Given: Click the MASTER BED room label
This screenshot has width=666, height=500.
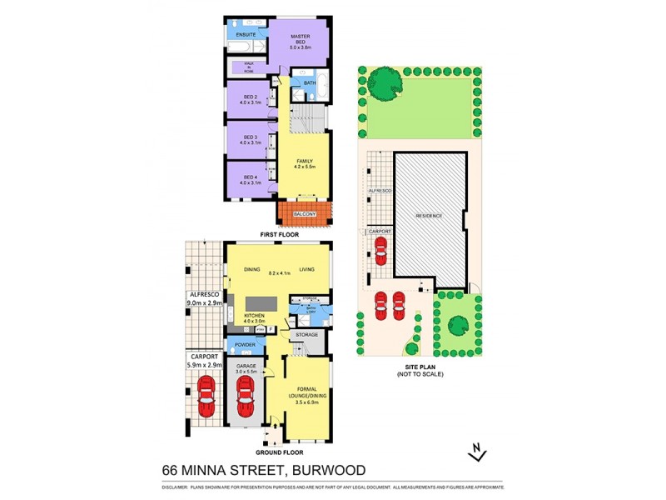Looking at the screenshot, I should (300, 37).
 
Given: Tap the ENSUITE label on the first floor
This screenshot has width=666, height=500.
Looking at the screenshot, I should (246, 35).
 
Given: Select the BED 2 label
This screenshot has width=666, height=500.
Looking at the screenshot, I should (251, 97).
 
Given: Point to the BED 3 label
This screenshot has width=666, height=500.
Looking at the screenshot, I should (251, 137).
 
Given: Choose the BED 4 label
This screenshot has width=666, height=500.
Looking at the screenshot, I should (251, 177).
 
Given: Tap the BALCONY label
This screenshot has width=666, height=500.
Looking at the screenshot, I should (305, 215).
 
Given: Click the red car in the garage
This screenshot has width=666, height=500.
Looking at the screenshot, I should (246, 397).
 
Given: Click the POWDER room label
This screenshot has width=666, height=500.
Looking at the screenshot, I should (245, 343).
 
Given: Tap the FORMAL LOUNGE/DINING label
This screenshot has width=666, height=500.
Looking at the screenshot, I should (308, 396).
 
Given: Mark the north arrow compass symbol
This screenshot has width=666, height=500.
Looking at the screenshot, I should (477, 452).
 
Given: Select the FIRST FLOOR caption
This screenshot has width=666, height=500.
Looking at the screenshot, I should (279, 236).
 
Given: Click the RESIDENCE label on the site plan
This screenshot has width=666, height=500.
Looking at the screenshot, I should (430, 216).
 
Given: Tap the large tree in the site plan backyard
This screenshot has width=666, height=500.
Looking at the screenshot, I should (384, 83).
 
